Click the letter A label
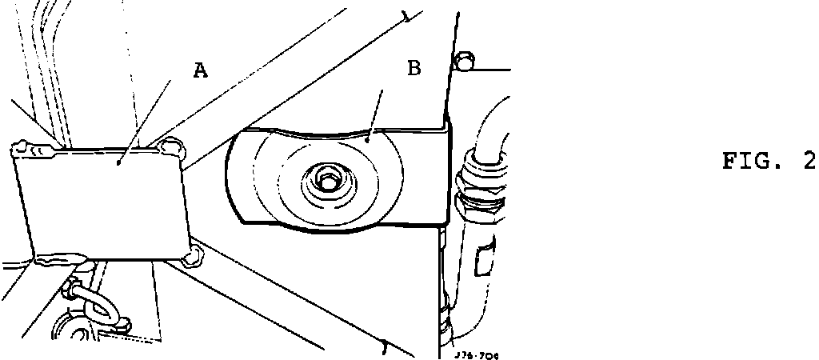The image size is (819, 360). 201,70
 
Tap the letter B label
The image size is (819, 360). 413,68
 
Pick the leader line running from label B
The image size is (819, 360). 375,112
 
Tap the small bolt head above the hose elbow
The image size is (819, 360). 463,61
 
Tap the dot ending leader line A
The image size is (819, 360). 119,162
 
